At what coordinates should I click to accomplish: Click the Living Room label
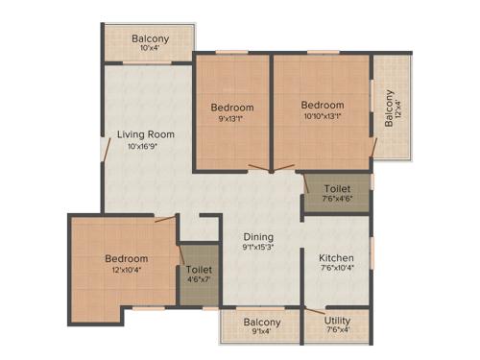pyautogui.click(x=145, y=134)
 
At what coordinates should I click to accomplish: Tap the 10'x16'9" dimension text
pyautogui.click(x=145, y=148)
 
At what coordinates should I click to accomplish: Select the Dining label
pyautogui.click(x=257, y=237)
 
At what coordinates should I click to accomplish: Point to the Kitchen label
pyautogui.click(x=337, y=258)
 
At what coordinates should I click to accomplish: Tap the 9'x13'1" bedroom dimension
pyautogui.click(x=232, y=120)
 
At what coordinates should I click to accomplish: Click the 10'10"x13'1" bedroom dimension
pyautogui.click(x=322, y=118)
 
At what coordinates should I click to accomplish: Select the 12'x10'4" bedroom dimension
pyautogui.click(x=127, y=272)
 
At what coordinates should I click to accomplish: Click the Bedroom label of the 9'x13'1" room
pyautogui.click(x=232, y=108)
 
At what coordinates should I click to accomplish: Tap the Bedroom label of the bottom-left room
pyautogui.click(x=127, y=259)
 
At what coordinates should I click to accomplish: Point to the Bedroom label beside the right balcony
pyautogui.click(x=322, y=106)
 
